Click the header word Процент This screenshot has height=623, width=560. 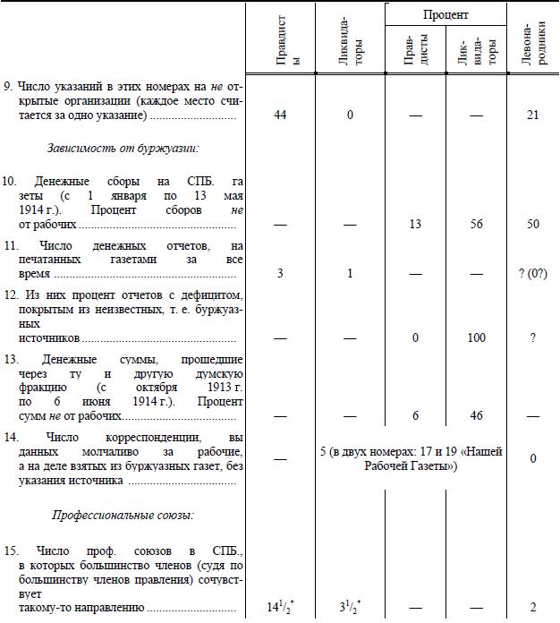point(445,15)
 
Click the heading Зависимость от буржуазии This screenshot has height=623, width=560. point(123,147)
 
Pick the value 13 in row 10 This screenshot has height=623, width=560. point(414,224)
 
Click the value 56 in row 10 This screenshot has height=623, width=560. point(476,224)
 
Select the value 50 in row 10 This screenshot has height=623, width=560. point(532,224)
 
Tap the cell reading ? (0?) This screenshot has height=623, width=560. point(532,272)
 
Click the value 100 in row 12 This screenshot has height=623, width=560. point(476,338)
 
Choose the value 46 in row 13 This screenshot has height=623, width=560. point(476,416)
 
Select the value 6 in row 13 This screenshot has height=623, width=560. point(414,416)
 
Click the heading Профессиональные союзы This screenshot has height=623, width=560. point(123,516)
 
